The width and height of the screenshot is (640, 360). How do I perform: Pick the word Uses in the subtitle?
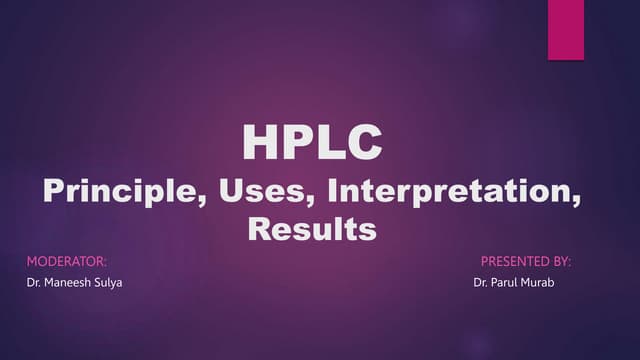pyautogui.click(x=262, y=191)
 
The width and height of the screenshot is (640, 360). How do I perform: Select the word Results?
pyautogui.click(x=311, y=230)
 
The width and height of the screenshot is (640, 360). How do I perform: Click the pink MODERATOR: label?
pyautogui.click(x=65, y=262)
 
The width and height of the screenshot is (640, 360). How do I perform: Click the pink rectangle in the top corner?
pyautogui.click(x=565, y=30)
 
